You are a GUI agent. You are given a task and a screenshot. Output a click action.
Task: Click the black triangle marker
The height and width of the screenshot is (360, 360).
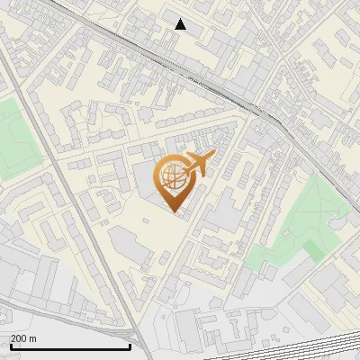181,24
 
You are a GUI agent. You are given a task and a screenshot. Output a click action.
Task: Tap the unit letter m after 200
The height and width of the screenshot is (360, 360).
33,338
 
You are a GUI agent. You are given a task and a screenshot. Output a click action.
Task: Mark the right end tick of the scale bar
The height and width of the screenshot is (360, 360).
130,345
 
